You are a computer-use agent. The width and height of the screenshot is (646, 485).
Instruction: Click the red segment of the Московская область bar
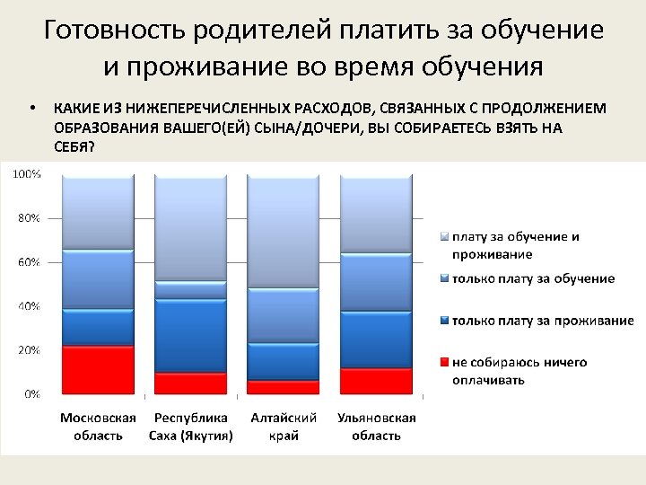click(x=98, y=369)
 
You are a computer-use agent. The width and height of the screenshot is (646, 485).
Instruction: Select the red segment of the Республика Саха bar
click(x=190, y=384)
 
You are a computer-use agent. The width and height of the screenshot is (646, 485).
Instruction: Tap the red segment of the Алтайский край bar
click(x=284, y=387)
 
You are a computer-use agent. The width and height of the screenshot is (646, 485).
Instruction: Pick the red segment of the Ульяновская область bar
click(x=376, y=381)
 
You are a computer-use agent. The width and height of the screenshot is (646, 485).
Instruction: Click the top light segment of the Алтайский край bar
click(x=284, y=231)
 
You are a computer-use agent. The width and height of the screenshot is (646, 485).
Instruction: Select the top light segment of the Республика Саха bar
click(x=190, y=228)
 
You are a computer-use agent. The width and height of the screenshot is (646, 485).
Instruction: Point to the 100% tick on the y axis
click(x=25, y=174)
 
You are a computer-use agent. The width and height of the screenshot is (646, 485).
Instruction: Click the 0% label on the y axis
click(x=30, y=393)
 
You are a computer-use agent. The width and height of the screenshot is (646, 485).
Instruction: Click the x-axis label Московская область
click(x=98, y=427)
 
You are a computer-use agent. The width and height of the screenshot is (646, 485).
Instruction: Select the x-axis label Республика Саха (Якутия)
click(x=190, y=427)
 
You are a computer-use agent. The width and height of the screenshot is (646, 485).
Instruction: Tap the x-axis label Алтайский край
click(x=284, y=427)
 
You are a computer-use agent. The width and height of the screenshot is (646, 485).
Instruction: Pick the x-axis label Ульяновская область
click(x=376, y=427)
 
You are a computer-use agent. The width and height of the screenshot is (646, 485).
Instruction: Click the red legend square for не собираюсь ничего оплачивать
click(x=443, y=363)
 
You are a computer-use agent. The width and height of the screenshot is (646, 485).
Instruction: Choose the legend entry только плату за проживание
click(x=542, y=321)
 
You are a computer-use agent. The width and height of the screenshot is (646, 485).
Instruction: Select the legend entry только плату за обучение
click(x=533, y=278)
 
